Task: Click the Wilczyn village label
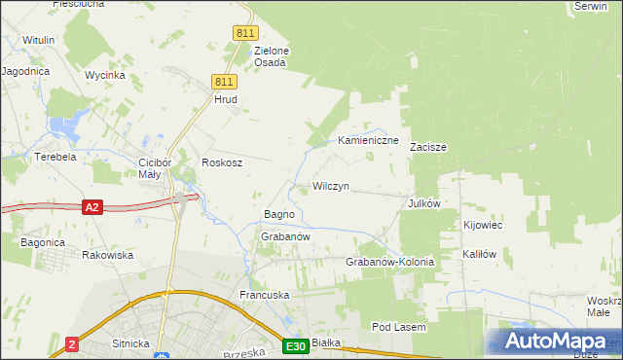pos(331,186)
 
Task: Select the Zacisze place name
pos(427,148)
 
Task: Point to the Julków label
pos(425,203)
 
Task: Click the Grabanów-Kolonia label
pos(389,263)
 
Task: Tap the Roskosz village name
pos(221,162)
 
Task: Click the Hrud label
pos(226,99)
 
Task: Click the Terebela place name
pos(55,157)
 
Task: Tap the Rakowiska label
pos(107,255)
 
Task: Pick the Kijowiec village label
pos(483,226)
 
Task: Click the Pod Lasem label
pos(399,328)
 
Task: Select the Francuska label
pos(266,294)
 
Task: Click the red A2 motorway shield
pos(92,207)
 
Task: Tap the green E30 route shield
pos(297,345)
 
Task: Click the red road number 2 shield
pos(72,343)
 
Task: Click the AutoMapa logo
pos(553,341)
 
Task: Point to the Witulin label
pos(38,40)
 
